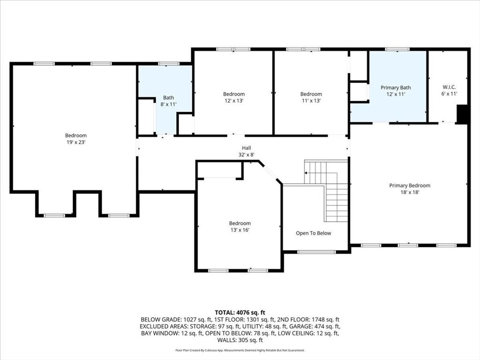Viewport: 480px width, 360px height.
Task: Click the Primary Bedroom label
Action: [410, 186]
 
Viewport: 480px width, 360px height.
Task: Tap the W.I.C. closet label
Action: [449, 87]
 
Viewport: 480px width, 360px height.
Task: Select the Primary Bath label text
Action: [396, 88]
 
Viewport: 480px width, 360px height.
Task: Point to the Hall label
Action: [247, 148]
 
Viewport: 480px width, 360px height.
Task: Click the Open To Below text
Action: [314, 233]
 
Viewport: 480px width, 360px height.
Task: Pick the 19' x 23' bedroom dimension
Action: [76, 142]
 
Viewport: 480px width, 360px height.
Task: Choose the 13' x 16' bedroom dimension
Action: [240, 230]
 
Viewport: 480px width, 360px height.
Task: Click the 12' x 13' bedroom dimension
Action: [234, 101]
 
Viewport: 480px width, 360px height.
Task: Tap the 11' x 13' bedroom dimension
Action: [311, 101]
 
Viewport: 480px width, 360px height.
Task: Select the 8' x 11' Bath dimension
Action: [168, 105]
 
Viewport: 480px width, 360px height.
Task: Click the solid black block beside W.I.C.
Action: [462, 114]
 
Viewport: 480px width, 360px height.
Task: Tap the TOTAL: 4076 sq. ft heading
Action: [240, 313]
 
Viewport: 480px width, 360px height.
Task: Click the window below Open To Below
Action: [316, 252]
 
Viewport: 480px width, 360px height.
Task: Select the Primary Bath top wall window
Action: [397, 49]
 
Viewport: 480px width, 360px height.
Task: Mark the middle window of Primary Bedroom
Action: [408, 245]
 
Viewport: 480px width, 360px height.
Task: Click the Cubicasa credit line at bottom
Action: [240, 350]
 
